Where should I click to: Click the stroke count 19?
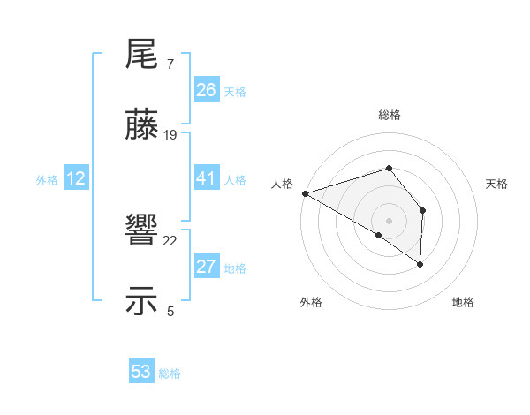[x=170, y=135]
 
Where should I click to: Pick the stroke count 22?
[x=170, y=240]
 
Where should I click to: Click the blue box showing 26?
[x=207, y=90]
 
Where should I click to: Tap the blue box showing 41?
[x=207, y=178]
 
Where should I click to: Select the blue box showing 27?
[x=207, y=267]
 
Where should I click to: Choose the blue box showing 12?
[x=76, y=178]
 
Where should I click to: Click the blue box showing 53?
[x=141, y=372]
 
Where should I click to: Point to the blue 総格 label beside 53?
[x=170, y=373]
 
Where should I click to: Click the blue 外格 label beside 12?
[x=47, y=180]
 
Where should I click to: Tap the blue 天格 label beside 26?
[x=235, y=92]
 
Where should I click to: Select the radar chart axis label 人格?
[x=283, y=184]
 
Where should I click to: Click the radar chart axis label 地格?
[x=463, y=303]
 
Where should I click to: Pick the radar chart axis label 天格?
[x=496, y=184]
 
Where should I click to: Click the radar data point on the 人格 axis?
[x=305, y=192]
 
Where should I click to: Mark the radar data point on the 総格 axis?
[x=389, y=168]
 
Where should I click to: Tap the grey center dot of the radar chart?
[x=389, y=220]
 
